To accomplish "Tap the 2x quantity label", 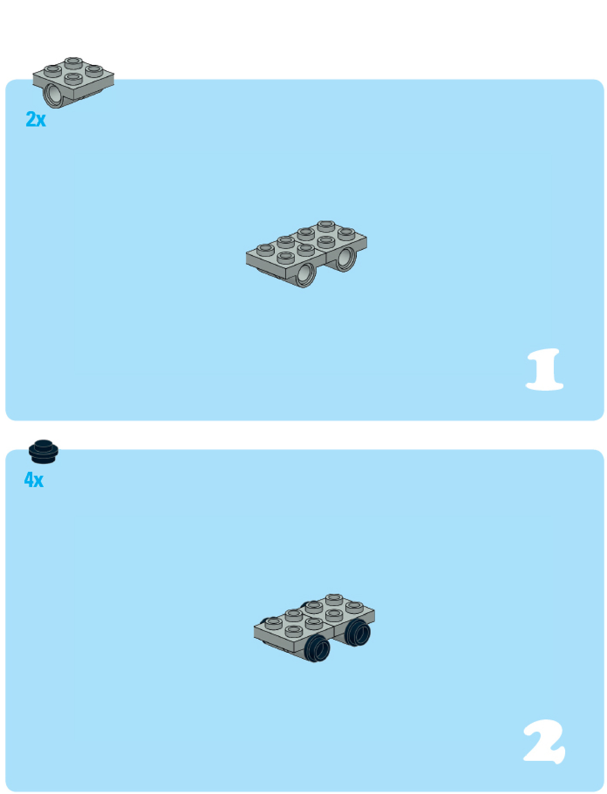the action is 36,119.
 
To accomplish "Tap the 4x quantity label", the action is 34,480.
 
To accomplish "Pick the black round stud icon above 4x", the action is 44,451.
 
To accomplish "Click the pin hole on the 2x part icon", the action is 54,95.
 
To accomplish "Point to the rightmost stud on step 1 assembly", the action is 346,233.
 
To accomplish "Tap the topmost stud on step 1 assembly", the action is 326,225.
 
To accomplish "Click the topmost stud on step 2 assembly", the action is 334,599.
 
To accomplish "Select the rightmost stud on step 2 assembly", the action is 354,606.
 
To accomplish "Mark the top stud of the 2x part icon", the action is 73,62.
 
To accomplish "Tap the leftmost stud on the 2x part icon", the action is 52,70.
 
